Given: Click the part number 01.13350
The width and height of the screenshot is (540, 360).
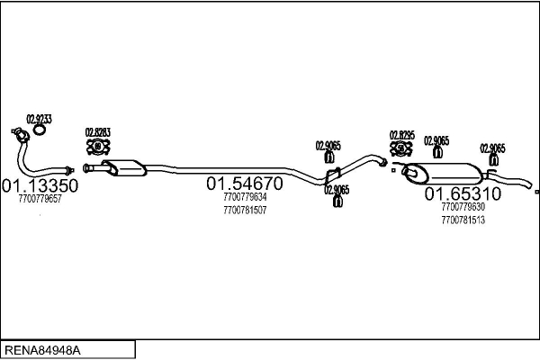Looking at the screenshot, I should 40,185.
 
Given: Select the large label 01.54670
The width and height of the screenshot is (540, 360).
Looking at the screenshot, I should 245,184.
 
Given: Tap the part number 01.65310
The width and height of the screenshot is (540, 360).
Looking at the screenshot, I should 463,193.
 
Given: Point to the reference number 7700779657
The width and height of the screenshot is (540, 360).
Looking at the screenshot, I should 40,199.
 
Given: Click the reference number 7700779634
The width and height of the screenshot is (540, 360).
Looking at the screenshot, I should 245,197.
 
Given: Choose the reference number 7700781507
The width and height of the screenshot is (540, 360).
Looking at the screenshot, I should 245,211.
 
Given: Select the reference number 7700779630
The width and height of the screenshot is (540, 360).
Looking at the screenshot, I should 463,207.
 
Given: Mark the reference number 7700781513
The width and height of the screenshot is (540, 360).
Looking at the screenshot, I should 463,220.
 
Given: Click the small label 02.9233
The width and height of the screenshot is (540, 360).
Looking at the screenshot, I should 39,119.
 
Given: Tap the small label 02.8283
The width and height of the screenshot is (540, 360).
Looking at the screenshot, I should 97,132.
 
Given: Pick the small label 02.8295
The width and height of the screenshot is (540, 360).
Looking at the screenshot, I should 402,135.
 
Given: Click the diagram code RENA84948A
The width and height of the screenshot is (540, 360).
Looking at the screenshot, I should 42,348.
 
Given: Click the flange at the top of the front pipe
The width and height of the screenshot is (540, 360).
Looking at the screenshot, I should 15,136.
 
